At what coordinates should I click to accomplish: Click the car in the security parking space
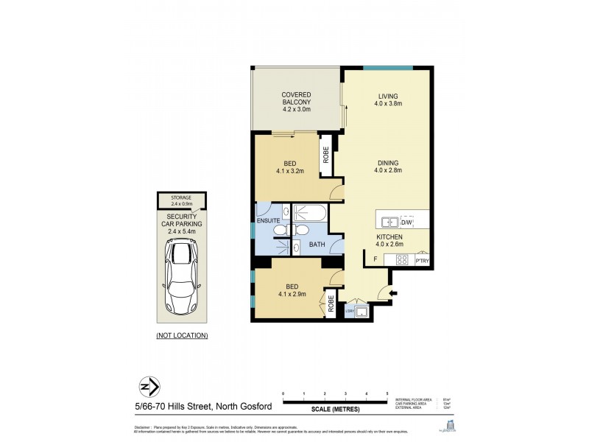pos(181,270)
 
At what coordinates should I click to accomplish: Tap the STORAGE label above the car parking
pos(181,197)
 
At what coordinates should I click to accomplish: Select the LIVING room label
pos(388,95)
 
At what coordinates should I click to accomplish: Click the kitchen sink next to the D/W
pos(390,221)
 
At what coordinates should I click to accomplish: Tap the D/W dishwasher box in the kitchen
pos(406,221)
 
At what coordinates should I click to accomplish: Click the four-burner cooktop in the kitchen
pos(402,259)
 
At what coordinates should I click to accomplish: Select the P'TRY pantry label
pos(422,260)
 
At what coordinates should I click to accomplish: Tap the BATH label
pos(317,244)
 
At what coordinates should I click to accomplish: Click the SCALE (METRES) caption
pos(334,409)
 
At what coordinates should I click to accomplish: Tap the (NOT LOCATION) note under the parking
pos(182,335)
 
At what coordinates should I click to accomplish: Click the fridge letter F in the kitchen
pos(375,259)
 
